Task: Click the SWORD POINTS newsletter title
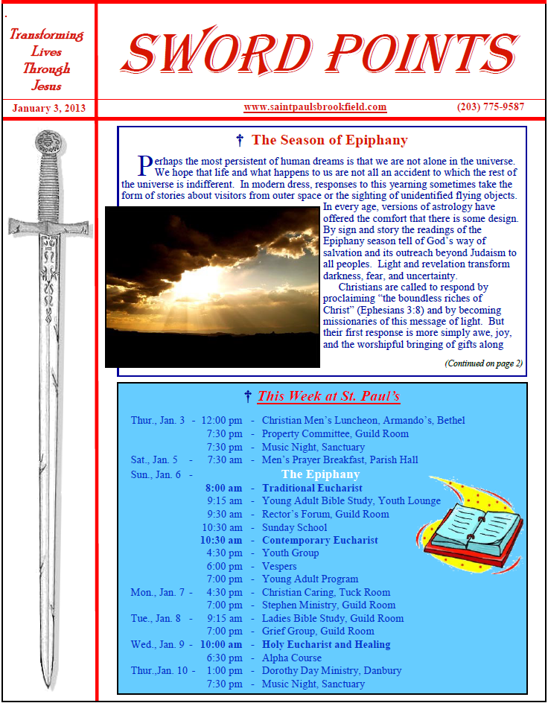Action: (322, 53)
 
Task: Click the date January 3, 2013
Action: (48, 108)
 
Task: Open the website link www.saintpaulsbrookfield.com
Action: (315, 107)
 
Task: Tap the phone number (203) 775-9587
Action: (491, 107)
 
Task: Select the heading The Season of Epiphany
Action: (329, 140)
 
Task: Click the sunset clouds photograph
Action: (212, 287)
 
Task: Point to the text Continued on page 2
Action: (483, 363)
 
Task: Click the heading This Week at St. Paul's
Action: (328, 396)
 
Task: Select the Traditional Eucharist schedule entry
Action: (302, 488)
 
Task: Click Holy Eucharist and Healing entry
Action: (325, 644)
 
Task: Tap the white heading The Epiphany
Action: (320, 474)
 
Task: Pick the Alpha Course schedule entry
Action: (292, 658)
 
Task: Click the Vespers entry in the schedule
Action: (279, 566)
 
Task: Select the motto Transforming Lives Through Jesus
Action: (47, 60)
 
